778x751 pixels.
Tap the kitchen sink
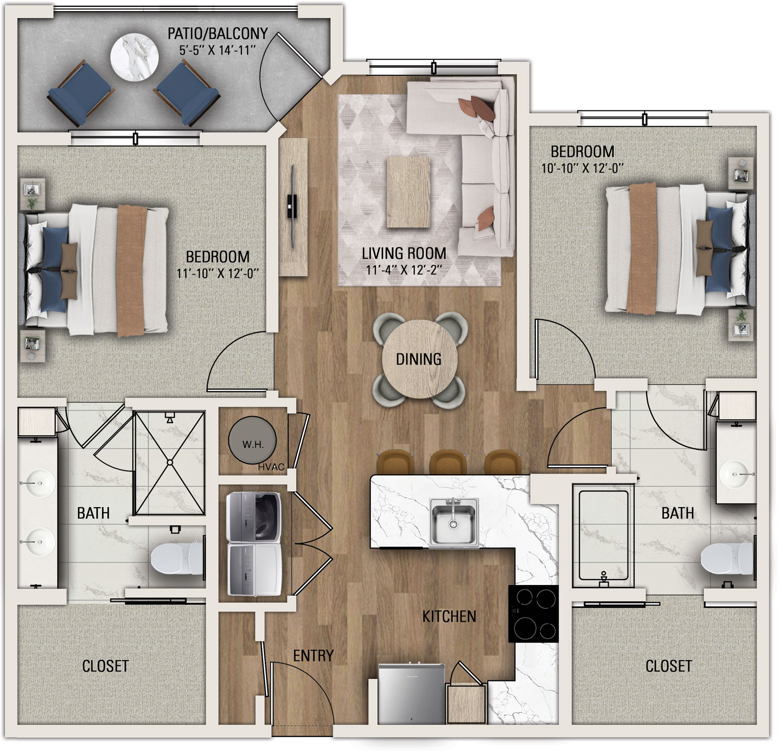453,522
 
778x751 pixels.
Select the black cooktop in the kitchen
533,613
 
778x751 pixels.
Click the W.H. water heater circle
252,442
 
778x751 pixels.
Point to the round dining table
419,359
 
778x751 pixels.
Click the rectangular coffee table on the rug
408,192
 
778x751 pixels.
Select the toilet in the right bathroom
727,558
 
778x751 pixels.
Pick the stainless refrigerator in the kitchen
412,693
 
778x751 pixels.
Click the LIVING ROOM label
404,254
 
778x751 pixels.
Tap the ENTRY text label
313,656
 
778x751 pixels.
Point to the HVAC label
271,467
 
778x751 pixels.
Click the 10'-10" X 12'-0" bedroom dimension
583,168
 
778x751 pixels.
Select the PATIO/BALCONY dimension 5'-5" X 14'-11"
218,50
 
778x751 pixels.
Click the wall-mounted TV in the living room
292,206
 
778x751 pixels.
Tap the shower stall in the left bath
170,462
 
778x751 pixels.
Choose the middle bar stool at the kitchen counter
448,461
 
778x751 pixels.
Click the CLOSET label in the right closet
668,666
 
